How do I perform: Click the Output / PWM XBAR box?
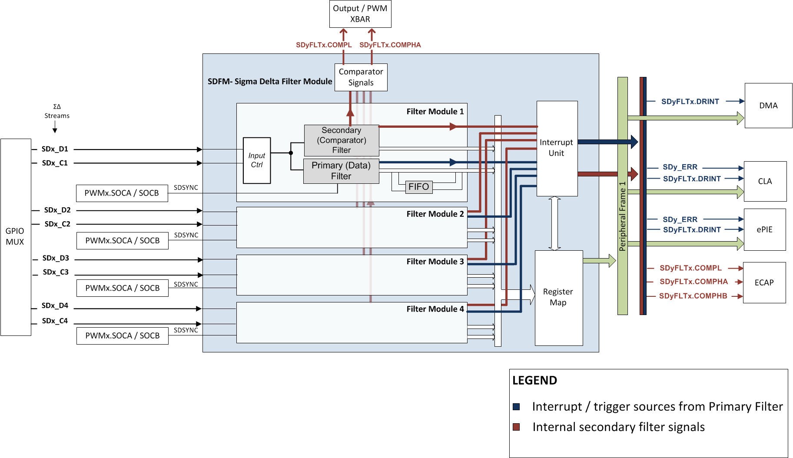coord(360,14)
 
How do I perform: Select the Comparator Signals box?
coord(361,77)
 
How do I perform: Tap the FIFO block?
coord(418,187)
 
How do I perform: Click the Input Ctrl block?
coord(257,160)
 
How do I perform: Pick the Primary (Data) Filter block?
coord(341,171)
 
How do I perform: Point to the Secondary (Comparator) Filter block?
coord(342,140)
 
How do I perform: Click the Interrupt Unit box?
coord(557,148)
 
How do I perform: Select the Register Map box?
coord(558,298)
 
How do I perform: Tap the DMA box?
coord(768,106)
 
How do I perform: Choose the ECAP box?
coord(764,282)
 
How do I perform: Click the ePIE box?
coord(765,229)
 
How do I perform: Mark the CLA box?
coord(765,181)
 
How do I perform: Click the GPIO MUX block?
coord(15,237)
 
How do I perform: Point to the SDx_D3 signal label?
coord(56,258)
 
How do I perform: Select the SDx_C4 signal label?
coord(55,321)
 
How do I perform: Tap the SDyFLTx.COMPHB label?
coord(693,296)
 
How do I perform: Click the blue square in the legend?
coord(516,407)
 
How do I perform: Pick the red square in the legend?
coord(516,427)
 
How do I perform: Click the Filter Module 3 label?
coord(435,262)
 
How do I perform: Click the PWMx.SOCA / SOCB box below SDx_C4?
coord(123,335)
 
